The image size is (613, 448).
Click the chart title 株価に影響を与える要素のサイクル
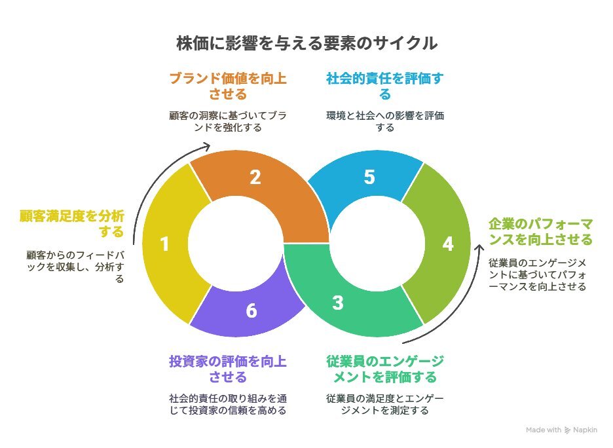click(306, 44)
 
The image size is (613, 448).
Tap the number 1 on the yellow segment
click(164, 244)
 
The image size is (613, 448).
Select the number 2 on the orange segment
click(255, 177)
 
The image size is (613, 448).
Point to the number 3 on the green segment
click(337, 303)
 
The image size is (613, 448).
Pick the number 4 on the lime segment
click(448, 244)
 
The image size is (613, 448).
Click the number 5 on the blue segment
click(369, 177)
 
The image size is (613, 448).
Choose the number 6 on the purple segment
click(251, 310)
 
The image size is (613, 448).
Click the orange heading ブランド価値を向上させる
click(227, 86)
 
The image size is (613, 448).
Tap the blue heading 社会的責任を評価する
click(384, 86)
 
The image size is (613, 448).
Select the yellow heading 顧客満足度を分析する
click(71, 224)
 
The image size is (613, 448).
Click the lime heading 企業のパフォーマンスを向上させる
click(540, 230)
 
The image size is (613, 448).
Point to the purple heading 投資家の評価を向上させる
click(227, 369)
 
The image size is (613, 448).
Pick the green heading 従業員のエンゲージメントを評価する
click(384, 369)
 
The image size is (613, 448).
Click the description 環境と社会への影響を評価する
click(384, 122)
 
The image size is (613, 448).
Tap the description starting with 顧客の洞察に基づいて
click(227, 122)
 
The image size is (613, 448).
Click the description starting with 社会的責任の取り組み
click(227, 404)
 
